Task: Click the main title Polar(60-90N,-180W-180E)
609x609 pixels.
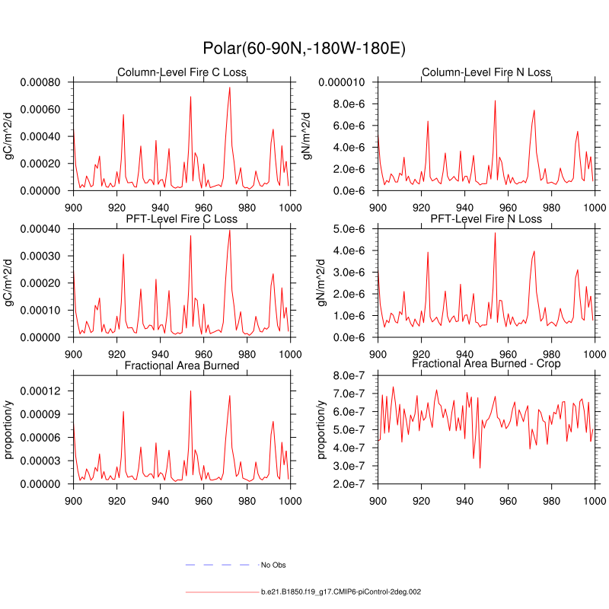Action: (x=304, y=48)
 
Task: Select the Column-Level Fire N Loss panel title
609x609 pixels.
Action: (x=486, y=72)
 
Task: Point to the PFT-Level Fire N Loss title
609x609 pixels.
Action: (x=486, y=219)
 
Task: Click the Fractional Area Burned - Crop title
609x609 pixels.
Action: (x=486, y=365)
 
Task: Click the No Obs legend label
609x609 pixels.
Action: (x=273, y=565)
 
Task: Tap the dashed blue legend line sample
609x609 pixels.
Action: (x=218, y=565)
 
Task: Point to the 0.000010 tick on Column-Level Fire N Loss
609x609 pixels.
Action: (x=340, y=82)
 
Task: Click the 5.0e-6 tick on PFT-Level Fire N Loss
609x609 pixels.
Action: (x=352, y=229)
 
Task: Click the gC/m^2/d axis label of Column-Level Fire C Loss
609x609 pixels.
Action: (x=10, y=136)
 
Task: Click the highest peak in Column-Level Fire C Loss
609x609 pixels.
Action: (x=229, y=88)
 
